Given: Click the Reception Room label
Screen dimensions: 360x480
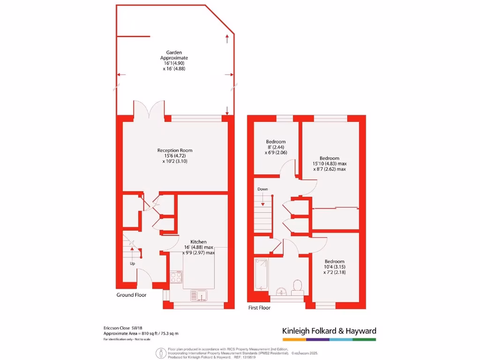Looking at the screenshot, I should point(175,150).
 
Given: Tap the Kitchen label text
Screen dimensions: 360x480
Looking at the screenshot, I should point(198,242).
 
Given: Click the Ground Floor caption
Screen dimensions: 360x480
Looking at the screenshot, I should point(131,295).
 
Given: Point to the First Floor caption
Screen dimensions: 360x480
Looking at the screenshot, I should point(259,308).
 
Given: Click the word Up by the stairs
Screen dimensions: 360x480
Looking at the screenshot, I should point(133,263).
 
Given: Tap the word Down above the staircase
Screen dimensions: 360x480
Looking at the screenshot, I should point(262,189).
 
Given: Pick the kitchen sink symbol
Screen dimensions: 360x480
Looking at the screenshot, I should point(199,295).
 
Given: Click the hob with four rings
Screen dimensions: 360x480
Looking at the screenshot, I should point(176,277).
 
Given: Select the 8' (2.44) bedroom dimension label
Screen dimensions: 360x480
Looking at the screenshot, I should point(276,147).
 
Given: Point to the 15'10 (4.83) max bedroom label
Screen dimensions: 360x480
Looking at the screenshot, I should point(330,164).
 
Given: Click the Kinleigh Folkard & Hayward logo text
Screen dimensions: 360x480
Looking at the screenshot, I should point(329,331).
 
